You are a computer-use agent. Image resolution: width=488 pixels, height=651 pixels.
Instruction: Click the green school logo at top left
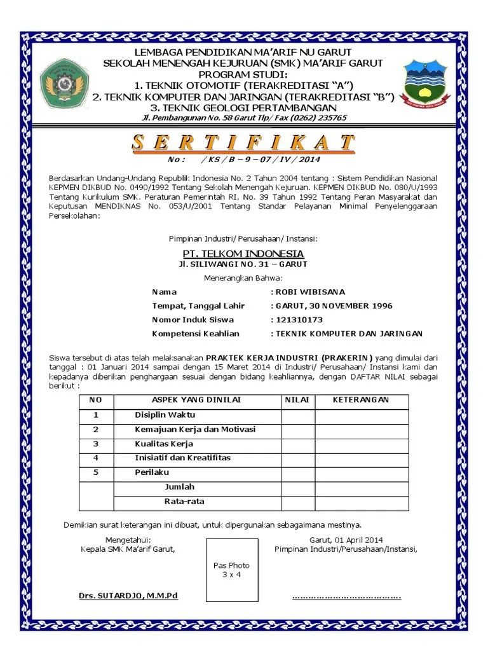coord(63,83)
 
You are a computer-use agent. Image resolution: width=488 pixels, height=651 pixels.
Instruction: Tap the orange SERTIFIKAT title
coord(243,142)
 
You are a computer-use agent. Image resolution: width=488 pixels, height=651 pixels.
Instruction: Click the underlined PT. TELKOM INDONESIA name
coord(243,254)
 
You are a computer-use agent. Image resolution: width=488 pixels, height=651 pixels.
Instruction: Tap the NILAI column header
coord(297,400)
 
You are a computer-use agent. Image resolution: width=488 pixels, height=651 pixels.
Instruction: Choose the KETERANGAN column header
coord(361,400)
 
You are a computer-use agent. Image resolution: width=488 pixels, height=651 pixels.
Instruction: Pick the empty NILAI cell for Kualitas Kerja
coord(298,444)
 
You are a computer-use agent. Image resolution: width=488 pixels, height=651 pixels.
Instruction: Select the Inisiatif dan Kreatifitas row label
coord(182,458)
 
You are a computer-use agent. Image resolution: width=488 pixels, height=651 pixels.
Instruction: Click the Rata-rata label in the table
coord(184,502)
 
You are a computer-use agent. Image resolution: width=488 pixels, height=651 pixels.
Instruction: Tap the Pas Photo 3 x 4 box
coord(231,570)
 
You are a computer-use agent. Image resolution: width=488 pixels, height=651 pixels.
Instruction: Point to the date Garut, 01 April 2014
coord(346,540)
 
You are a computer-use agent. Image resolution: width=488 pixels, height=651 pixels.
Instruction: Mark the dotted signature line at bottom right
coord(346,597)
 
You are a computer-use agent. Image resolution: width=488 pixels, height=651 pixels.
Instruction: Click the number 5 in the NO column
coord(96,472)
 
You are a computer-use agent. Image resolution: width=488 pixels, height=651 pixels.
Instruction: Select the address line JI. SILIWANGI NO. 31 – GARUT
coord(243,264)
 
